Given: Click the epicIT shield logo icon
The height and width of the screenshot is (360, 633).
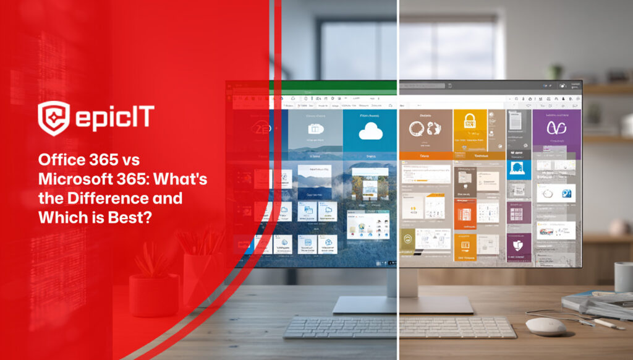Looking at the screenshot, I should (53, 118).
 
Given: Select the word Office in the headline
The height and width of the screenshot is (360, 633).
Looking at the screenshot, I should (60, 160).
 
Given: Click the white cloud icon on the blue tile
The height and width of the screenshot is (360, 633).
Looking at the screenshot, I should (370, 132).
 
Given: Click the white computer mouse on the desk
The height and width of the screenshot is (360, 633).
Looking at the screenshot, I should (545, 326).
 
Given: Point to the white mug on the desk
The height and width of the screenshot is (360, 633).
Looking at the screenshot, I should (624, 276).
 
